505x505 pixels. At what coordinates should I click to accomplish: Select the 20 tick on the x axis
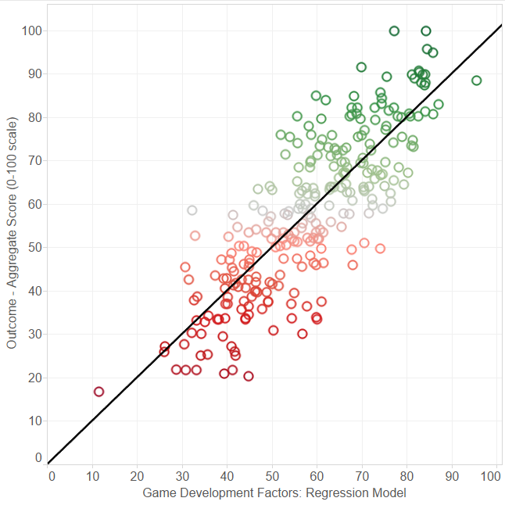(x=138, y=475)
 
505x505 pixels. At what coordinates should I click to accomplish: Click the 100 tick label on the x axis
(x=492, y=475)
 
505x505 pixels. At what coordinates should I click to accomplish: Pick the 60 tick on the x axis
(x=315, y=475)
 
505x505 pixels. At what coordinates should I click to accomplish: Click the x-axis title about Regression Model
(x=274, y=493)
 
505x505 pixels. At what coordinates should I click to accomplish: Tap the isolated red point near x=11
(x=98, y=392)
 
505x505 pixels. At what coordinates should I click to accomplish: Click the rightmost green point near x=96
(x=477, y=81)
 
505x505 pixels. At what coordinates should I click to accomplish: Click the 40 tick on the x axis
(x=227, y=475)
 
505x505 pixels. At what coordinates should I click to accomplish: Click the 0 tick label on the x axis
(x=52, y=475)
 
